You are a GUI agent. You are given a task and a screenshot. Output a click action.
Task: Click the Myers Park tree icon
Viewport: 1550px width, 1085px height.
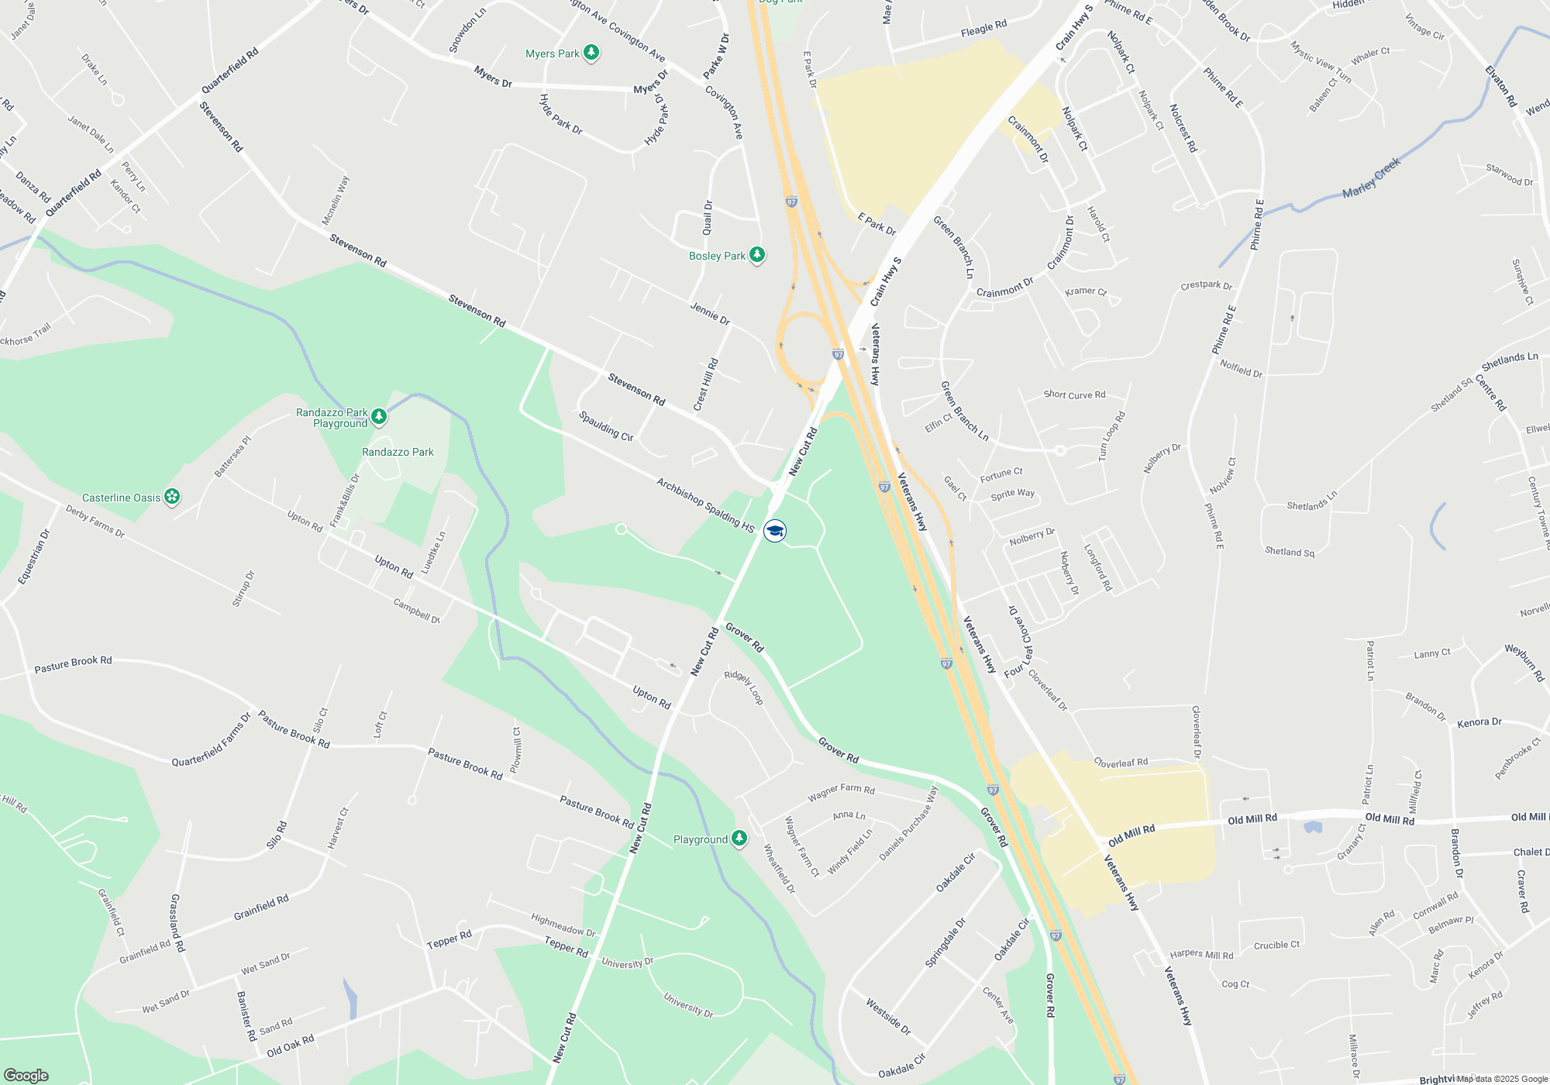click(591, 53)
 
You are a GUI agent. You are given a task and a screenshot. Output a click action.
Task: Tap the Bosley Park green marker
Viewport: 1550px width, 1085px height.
click(757, 255)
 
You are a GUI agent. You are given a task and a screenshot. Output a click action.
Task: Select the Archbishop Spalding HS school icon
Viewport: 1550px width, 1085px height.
click(775, 530)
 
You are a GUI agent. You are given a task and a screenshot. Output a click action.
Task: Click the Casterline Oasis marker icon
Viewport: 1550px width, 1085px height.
click(172, 497)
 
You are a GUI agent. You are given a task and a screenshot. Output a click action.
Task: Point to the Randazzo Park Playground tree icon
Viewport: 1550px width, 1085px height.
click(379, 417)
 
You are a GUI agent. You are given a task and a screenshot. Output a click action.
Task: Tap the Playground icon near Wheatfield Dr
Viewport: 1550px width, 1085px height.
click(739, 839)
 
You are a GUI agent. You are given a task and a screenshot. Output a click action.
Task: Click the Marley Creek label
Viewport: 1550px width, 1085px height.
click(1371, 178)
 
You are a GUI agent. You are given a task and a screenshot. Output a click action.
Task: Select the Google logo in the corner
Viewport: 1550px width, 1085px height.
click(26, 1075)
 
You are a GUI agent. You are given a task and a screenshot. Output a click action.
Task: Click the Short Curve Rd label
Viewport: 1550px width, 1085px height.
click(1074, 394)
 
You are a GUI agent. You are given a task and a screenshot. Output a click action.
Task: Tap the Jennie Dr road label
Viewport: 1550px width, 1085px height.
click(710, 313)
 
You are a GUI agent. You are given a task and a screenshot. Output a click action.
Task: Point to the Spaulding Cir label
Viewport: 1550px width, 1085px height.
click(606, 426)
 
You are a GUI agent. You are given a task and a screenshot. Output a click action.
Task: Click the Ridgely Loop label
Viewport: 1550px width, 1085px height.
click(744, 687)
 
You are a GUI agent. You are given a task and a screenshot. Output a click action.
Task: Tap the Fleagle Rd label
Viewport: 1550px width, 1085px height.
click(983, 29)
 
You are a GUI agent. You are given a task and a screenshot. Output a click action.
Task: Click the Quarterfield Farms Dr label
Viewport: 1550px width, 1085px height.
click(211, 740)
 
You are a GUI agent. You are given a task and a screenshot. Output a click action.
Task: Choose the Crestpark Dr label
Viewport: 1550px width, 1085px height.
click(1206, 285)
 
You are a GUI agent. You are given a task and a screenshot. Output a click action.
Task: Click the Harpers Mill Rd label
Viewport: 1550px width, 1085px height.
click(1201, 954)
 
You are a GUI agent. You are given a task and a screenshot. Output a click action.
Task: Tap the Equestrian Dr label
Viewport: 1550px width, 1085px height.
click(33, 556)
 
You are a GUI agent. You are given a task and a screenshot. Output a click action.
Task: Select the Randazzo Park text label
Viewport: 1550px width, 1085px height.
click(398, 452)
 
